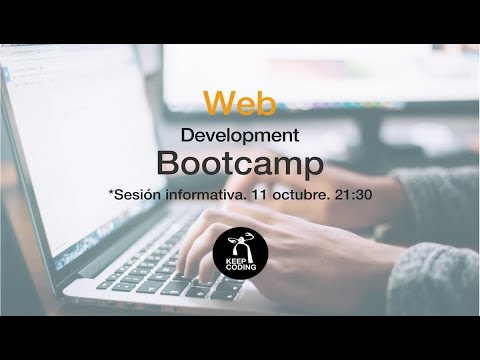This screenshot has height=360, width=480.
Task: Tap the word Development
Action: coord(241,134)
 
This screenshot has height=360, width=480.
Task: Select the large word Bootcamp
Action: coord(241,163)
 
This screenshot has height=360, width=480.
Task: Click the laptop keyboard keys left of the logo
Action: coord(170,255)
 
